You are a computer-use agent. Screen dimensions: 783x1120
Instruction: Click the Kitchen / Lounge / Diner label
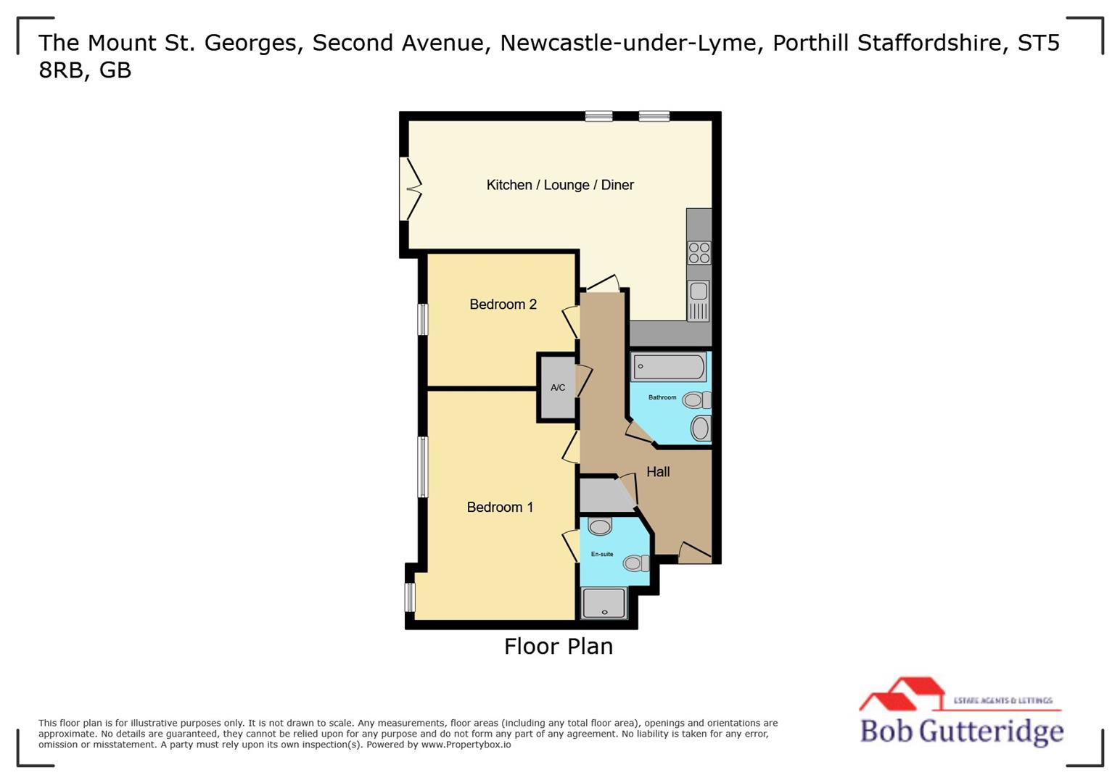pyautogui.click(x=560, y=185)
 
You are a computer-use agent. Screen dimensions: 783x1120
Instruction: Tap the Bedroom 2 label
pyautogui.click(x=503, y=304)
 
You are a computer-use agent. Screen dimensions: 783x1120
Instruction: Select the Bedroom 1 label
pyautogui.click(x=500, y=507)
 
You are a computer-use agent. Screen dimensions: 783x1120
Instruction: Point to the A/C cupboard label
pyautogui.click(x=557, y=388)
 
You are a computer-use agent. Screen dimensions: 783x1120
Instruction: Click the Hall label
pyautogui.click(x=658, y=472)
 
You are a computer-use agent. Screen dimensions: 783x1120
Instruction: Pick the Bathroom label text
pyautogui.click(x=662, y=397)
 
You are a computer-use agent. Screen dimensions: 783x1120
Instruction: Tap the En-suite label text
pyautogui.click(x=601, y=555)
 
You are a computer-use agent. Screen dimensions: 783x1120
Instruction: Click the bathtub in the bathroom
pyautogui.click(x=668, y=367)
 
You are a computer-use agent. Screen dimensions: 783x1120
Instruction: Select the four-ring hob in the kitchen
pyautogui.click(x=699, y=253)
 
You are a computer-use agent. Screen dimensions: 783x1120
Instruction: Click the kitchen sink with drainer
pyautogui.click(x=699, y=300)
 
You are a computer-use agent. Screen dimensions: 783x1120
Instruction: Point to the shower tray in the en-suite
pyautogui.click(x=604, y=603)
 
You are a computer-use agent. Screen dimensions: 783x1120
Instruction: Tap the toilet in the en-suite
pyautogui.click(x=636, y=563)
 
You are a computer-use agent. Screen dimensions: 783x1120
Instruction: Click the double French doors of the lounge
pyautogui.click(x=411, y=188)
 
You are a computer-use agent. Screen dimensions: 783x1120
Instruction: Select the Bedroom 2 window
pyautogui.click(x=422, y=319)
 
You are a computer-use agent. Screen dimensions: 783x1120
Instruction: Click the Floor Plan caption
pyautogui.click(x=559, y=647)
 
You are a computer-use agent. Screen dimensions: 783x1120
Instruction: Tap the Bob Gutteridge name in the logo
pyautogui.click(x=962, y=731)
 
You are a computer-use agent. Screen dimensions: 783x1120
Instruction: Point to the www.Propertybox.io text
pyautogui.click(x=466, y=745)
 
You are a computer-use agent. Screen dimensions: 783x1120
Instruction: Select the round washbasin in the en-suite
pyautogui.click(x=600, y=526)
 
